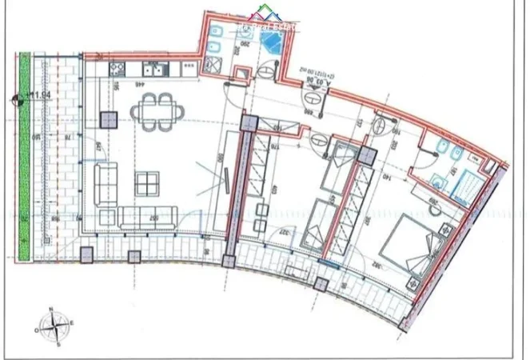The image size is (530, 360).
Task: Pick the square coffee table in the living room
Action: (146, 184)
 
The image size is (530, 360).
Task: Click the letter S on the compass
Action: (58, 345)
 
